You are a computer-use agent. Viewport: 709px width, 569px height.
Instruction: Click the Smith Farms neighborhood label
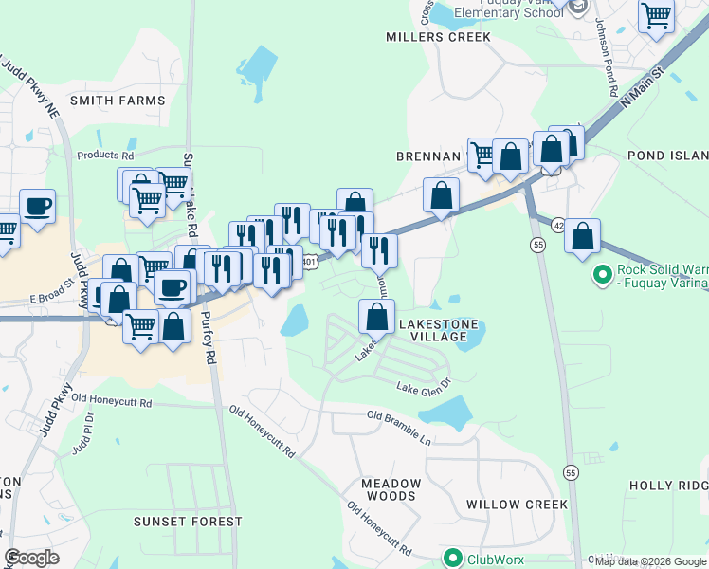tap(118, 100)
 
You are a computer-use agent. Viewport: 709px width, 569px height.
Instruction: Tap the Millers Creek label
tap(438, 37)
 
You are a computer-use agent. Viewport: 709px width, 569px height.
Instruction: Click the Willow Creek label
tap(516, 505)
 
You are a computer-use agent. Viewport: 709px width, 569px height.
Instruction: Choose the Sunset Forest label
tap(188, 522)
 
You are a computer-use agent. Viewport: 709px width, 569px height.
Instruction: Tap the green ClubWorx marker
tap(453, 559)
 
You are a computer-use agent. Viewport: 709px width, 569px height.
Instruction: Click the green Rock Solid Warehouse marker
tap(601, 275)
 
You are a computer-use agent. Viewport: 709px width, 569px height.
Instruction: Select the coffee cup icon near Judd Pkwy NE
tap(38, 206)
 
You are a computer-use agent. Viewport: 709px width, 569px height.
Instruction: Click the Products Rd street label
tap(105, 155)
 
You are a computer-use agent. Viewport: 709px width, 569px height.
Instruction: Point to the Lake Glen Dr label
tap(423, 387)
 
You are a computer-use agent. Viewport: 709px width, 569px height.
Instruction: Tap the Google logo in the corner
tap(31, 558)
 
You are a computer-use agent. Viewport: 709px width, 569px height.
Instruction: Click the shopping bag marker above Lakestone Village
tap(377, 316)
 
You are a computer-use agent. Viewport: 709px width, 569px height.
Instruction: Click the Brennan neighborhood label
tap(427, 155)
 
